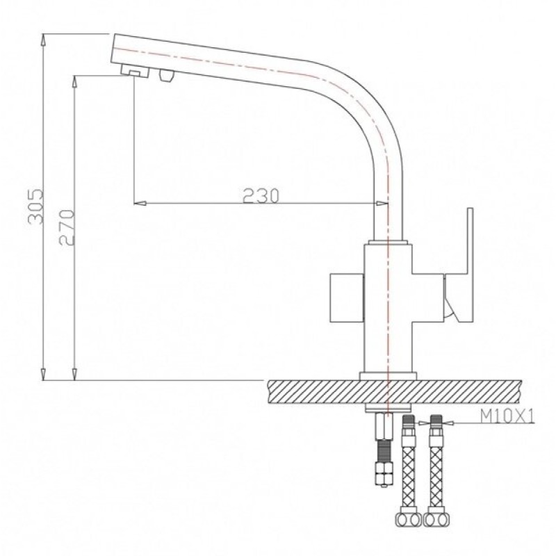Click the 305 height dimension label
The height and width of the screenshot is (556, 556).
click(x=35, y=206)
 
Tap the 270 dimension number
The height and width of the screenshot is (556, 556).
click(x=67, y=227)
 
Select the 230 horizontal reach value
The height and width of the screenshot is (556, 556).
click(x=261, y=196)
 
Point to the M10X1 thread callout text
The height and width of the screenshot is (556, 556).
click(x=507, y=416)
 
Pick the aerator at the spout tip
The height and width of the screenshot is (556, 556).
click(x=135, y=71)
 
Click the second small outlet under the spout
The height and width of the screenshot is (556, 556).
click(x=167, y=76)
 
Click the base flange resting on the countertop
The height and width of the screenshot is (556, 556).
click(x=388, y=376)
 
